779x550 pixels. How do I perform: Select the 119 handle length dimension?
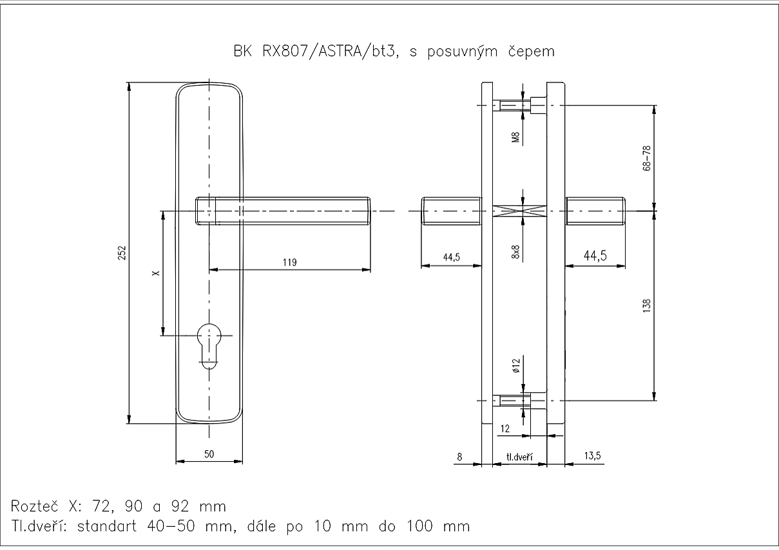(x=290, y=262)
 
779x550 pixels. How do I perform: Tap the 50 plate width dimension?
(x=209, y=454)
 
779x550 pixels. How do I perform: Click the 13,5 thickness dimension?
(x=591, y=456)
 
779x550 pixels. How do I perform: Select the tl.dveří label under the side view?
(x=518, y=457)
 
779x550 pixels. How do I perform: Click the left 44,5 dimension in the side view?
(x=451, y=258)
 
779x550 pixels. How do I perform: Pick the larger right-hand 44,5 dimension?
(x=595, y=256)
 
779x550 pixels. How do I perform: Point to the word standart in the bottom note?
(x=108, y=526)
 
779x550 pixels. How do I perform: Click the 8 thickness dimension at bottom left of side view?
(x=459, y=457)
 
